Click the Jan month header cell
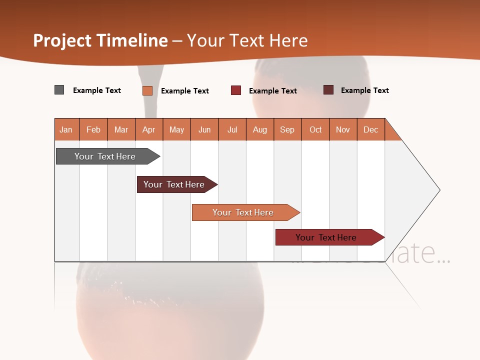[x=66, y=129]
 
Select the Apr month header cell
[x=149, y=129]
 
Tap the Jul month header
[x=232, y=129]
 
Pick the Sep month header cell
[x=287, y=129]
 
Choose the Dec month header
[x=370, y=129]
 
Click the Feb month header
[x=93, y=129]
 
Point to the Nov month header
[x=343, y=129]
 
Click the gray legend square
[x=59, y=90]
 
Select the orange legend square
[x=147, y=90]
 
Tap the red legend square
[x=236, y=90]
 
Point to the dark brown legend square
[x=328, y=90]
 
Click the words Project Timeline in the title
[x=100, y=40]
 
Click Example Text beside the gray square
[x=97, y=90]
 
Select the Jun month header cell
[x=204, y=129]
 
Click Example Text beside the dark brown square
[x=365, y=90]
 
